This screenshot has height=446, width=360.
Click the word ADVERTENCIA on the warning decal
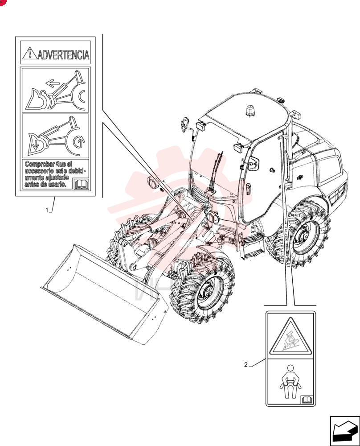pyautogui.click(x=64, y=54)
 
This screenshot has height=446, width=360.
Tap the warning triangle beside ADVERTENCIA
pyautogui.click(x=29, y=53)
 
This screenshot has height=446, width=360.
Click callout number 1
pyautogui.click(x=47, y=210)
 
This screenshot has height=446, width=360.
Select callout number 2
pyautogui.click(x=246, y=365)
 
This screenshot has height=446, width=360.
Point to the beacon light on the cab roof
pyautogui.click(x=250, y=110)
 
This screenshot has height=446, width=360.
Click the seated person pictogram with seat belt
pyautogui.click(x=290, y=382)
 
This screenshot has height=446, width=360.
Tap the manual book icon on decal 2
pyautogui.click(x=307, y=400)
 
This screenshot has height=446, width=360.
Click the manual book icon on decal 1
pyautogui.click(x=81, y=184)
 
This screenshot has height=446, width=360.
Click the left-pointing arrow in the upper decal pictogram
pyautogui.click(x=53, y=83)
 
